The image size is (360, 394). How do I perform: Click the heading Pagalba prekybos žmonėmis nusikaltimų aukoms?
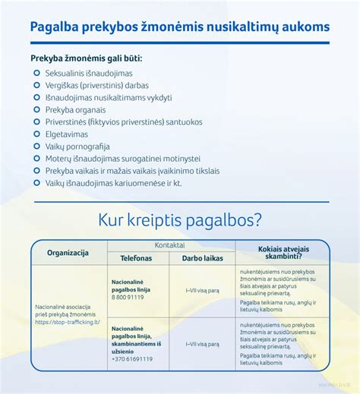(x=180, y=27)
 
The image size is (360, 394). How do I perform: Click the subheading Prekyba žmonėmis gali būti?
(x=86, y=58)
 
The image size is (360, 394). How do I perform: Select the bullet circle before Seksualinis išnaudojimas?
(x=36, y=73)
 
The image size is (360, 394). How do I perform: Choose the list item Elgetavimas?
(x=67, y=134)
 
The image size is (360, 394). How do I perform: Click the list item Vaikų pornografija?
(x=77, y=147)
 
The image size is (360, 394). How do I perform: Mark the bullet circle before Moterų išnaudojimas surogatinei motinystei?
(x=36, y=159)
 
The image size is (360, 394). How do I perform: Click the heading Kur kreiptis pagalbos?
(x=180, y=220)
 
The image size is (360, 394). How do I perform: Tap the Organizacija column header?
(x=68, y=252)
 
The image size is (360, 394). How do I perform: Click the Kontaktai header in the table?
(x=170, y=245)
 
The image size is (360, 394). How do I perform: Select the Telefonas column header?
(x=136, y=258)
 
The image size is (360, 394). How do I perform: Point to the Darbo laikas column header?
(x=202, y=258)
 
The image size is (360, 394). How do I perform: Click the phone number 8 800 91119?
(x=128, y=298)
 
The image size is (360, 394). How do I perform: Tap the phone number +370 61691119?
(x=130, y=358)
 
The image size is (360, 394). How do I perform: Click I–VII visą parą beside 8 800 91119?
(x=202, y=290)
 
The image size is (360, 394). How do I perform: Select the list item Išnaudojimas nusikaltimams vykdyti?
(x=109, y=97)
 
